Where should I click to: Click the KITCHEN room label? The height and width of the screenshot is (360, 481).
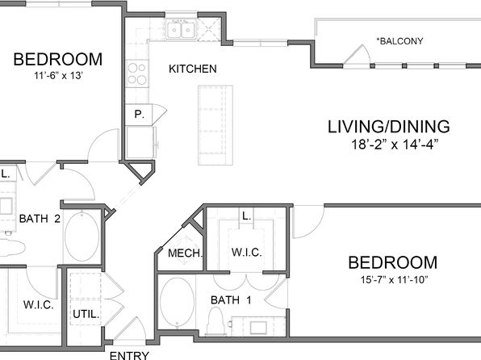pyautogui.click(x=193, y=69)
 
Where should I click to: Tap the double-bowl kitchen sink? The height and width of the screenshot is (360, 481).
pyautogui.click(x=181, y=30)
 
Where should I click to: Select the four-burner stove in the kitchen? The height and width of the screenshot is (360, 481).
pyautogui.click(x=137, y=73)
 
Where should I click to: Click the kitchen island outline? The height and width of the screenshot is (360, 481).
pyautogui.click(x=215, y=125)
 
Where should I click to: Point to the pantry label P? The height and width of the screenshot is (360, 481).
pyautogui.click(x=140, y=115)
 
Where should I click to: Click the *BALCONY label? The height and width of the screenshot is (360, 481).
pyautogui.click(x=399, y=41)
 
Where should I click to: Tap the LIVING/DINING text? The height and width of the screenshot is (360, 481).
pyautogui.click(x=389, y=127)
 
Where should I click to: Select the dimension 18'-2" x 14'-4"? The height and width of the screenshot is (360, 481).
pyautogui.click(x=395, y=144)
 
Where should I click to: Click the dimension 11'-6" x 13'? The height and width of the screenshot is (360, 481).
pyautogui.click(x=58, y=76)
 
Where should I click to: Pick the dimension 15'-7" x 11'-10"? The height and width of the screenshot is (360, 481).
pyautogui.click(x=394, y=280)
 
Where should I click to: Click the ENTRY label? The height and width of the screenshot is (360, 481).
pyautogui.click(x=129, y=355)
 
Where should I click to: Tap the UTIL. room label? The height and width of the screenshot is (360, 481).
pyautogui.click(x=86, y=314)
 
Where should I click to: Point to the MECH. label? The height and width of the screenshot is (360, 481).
pyautogui.click(x=186, y=253)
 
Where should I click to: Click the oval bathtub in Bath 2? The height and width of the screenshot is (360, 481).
pyautogui.click(x=82, y=236)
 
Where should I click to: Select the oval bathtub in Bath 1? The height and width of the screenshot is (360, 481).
pyautogui.click(x=177, y=303)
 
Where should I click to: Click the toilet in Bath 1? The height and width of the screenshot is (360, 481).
pyautogui.click(x=216, y=321)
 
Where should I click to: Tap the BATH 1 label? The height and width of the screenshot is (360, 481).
pyautogui.click(x=231, y=299)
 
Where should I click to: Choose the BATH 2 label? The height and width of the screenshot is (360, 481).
pyautogui.click(x=40, y=219)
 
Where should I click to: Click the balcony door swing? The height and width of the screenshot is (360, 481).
pyautogui.click(x=358, y=55)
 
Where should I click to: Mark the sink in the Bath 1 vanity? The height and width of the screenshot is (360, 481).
pyautogui.click(x=258, y=328)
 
